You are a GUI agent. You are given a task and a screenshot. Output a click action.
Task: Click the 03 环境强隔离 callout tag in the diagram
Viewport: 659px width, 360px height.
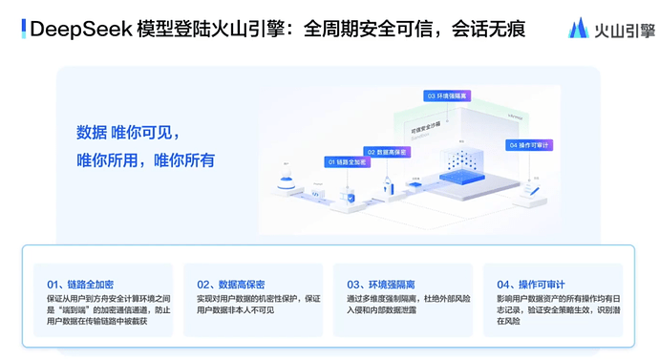pyautogui.click(x=448, y=96)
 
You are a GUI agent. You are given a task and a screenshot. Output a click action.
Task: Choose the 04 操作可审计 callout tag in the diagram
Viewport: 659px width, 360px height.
pyautogui.click(x=530, y=145)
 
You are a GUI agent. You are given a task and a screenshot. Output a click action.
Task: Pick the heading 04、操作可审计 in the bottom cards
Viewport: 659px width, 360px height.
pyautogui.click(x=531, y=285)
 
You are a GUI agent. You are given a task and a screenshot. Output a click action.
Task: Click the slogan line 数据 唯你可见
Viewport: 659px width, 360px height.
pyautogui.click(x=128, y=132)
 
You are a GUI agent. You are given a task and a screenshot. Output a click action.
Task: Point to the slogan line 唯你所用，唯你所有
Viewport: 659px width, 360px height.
pyautogui.click(x=145, y=160)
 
